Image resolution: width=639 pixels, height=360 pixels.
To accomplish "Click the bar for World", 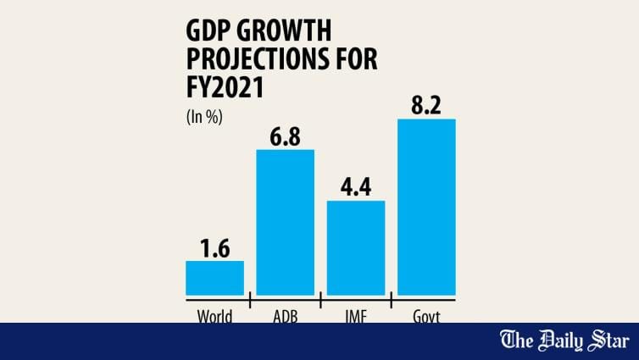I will (x=214, y=278).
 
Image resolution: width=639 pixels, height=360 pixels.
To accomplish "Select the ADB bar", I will (x=286, y=222).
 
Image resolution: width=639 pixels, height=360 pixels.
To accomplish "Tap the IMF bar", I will (x=356, y=247).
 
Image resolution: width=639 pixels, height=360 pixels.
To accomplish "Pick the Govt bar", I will (x=427, y=207).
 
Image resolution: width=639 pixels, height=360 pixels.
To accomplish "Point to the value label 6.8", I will (x=286, y=136).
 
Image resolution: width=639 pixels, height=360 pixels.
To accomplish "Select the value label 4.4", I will (x=356, y=186).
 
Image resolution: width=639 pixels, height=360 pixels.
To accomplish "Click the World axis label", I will (x=214, y=317).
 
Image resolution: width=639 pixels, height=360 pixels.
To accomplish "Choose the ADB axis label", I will (x=286, y=317).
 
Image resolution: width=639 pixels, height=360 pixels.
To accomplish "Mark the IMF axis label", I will (x=356, y=317).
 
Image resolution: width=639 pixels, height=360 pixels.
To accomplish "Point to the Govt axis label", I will (x=427, y=317).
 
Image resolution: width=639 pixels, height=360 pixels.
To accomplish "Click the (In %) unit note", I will (x=203, y=118).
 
